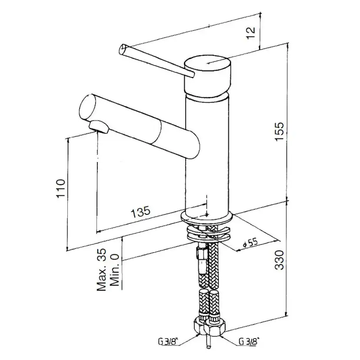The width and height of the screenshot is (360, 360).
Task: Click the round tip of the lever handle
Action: tap(122, 49)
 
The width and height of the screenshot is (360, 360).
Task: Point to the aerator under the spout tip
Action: tap(99, 127)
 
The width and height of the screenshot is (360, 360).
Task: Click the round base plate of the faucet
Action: tap(207, 217)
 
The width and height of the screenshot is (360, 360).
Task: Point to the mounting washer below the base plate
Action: tap(209, 235)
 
